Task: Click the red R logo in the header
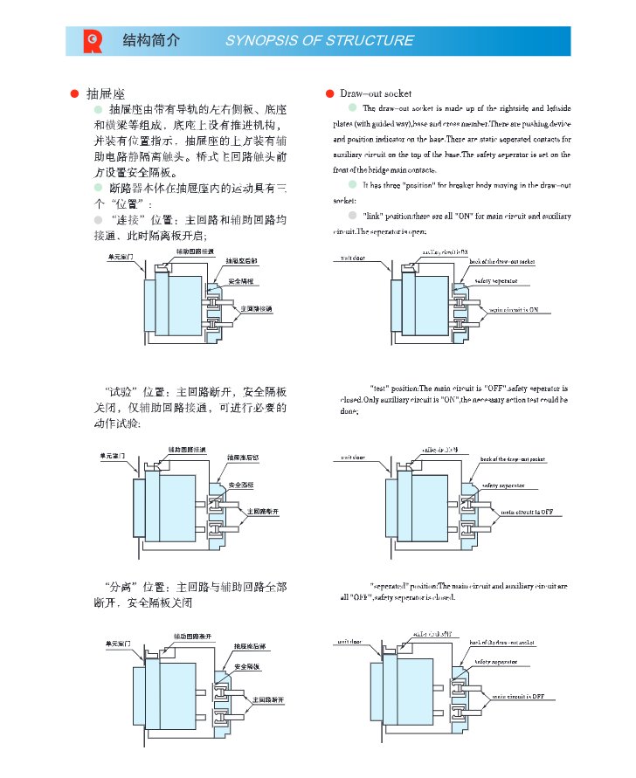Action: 93,40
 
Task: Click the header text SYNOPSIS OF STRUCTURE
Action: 319,40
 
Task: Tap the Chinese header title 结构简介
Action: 152,40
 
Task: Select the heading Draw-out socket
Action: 374,93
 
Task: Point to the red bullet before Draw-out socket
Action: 329,93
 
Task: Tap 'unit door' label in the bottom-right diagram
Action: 349,642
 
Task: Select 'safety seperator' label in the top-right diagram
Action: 495,281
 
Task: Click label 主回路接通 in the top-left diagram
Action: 257,309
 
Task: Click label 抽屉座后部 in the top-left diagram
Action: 242,261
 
